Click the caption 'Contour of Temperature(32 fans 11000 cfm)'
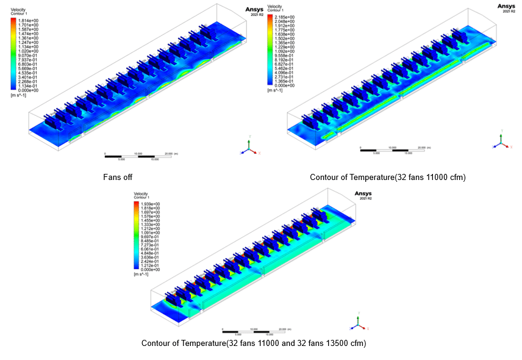[x=387, y=178]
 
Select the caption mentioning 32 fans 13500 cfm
[x=254, y=344]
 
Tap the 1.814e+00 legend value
[x=29, y=20]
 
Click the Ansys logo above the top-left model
[x=254, y=10]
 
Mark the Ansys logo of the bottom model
[x=363, y=195]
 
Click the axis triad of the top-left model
[x=248, y=146]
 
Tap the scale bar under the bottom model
[x=252, y=331]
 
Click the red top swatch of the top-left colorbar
[x=13, y=21]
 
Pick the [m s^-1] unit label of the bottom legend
[x=143, y=275]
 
